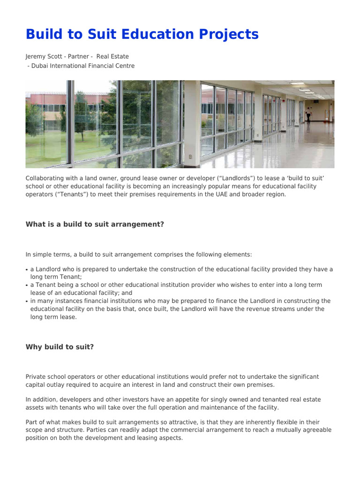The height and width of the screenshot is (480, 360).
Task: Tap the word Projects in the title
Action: click(x=225, y=34)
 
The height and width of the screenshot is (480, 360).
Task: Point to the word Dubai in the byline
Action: click(x=40, y=66)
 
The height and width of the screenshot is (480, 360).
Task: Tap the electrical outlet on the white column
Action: click(x=190, y=157)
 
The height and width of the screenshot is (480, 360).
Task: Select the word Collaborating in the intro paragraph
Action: click(x=45, y=179)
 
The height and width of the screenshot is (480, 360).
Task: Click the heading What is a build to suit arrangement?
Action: click(x=95, y=225)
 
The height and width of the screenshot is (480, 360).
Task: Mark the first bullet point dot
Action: click(x=27, y=270)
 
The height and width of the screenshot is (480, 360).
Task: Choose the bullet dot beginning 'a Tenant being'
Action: click(x=27, y=285)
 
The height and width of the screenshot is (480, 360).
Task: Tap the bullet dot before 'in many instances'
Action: click(x=27, y=301)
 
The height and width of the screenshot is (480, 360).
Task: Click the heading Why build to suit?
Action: click(x=60, y=347)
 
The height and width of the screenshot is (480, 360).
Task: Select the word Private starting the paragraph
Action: click(x=36, y=377)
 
